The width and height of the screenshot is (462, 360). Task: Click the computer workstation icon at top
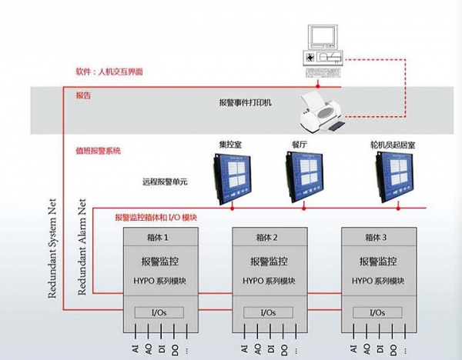point(323,50)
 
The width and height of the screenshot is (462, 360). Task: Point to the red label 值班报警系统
point(99,151)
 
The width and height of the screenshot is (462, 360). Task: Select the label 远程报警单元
point(166,182)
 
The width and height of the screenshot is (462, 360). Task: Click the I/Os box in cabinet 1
point(157,313)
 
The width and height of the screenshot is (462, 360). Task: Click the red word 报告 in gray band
point(83,95)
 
